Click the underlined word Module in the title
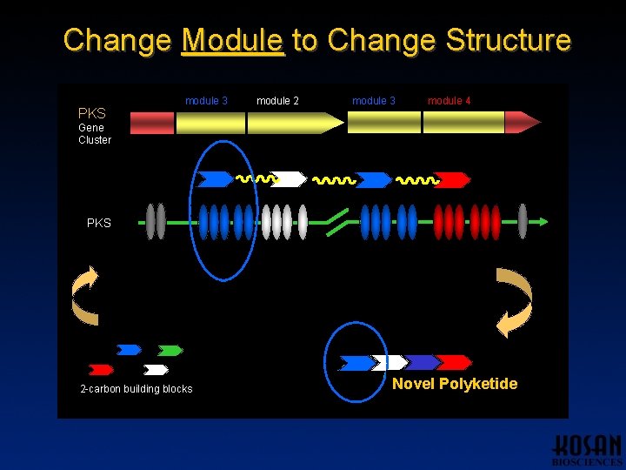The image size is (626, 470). click(x=233, y=41)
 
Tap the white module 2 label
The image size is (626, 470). click(x=277, y=101)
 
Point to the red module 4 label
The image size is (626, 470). click(x=449, y=101)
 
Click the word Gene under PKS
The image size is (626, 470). click(x=90, y=127)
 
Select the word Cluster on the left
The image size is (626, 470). click(x=95, y=140)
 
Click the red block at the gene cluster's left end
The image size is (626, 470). click(x=152, y=123)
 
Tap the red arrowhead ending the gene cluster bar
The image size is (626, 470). click(x=522, y=123)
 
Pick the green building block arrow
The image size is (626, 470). click(x=170, y=351)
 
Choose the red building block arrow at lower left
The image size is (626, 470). click(x=101, y=370)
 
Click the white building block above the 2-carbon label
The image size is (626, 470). click(x=156, y=370)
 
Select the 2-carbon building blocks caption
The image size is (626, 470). click(x=136, y=389)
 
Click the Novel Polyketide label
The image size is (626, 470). click(x=454, y=384)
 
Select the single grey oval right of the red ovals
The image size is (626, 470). click(x=523, y=221)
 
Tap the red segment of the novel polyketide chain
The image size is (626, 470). click(x=452, y=362)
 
